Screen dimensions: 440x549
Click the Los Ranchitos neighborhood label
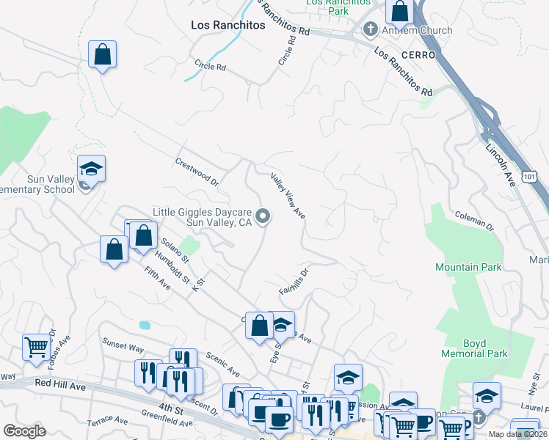pos(228,25)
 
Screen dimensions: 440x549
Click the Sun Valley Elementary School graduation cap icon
pos(91,169)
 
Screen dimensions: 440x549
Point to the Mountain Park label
pos(468,267)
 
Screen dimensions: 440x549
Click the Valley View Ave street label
pos(288,195)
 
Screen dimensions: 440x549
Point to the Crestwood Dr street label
pos(197,170)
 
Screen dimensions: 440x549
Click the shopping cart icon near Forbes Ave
pos(36,347)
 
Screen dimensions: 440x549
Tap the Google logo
pos(24,431)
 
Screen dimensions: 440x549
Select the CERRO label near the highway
pos(418,55)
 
